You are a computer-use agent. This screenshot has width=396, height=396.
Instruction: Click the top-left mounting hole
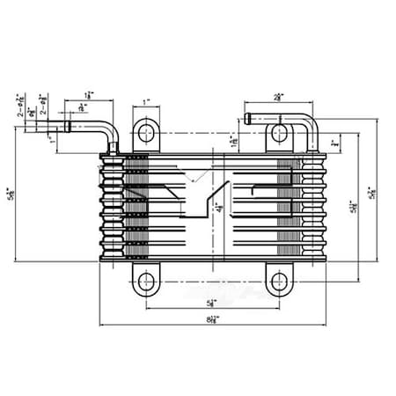[x=145, y=134]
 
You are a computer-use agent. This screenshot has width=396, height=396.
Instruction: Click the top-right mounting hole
[x=279, y=134]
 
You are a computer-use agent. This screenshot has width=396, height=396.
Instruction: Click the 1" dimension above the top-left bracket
[x=145, y=102]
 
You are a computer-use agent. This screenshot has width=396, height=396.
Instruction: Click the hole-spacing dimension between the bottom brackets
[x=212, y=304]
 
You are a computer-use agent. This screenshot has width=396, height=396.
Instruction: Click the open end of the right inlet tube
[x=249, y=118]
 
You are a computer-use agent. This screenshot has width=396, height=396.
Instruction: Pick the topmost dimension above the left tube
[x=90, y=93]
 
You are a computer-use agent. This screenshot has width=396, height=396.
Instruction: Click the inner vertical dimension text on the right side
[x=353, y=207]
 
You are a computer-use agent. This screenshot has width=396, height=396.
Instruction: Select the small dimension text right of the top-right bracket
[x=335, y=143]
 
